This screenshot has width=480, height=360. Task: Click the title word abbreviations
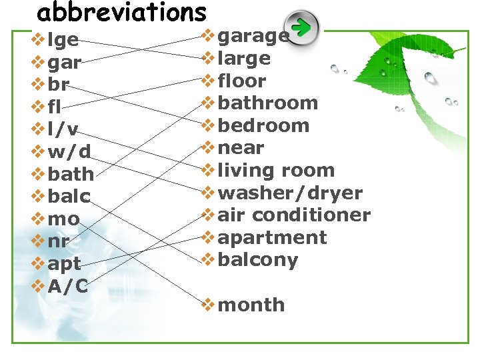(121, 13)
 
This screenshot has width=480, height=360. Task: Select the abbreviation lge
(63, 41)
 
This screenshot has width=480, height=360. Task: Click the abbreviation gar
(65, 63)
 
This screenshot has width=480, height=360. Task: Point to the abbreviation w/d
(69, 152)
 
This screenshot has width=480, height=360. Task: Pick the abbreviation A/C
(68, 286)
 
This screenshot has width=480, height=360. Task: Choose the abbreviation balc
(69, 197)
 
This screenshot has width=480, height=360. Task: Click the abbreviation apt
(65, 264)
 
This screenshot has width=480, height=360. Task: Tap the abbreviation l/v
(63, 129)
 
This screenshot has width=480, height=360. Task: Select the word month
(251, 305)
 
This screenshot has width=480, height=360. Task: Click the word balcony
(258, 260)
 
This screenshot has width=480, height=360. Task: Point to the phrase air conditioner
(294, 215)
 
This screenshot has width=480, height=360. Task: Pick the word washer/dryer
(290, 193)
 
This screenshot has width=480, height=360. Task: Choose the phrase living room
(276, 170)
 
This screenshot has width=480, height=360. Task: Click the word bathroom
(268, 103)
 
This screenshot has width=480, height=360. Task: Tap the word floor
(242, 81)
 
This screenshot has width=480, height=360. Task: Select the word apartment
(272, 237)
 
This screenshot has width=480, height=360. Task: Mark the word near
(241, 147)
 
